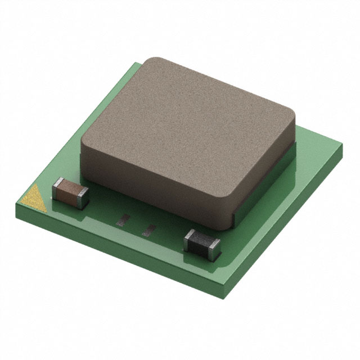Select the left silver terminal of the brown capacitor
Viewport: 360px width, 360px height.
click(x=57, y=186)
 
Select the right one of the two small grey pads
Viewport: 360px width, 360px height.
click(x=150, y=228)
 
